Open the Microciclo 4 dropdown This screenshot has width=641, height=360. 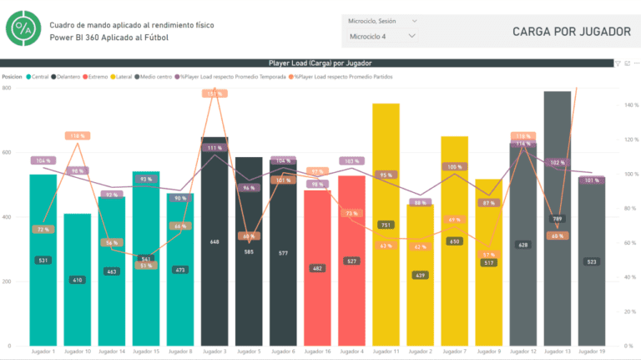381,36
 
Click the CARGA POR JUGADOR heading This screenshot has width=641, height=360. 572,32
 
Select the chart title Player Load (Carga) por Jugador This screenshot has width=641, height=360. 320,63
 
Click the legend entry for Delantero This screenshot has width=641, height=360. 67,76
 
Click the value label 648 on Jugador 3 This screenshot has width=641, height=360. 215,241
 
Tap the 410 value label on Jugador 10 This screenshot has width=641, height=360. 78,280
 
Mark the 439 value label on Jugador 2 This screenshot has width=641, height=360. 420,275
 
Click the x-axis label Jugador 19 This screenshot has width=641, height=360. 591,352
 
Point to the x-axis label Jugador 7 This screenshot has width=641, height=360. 454,352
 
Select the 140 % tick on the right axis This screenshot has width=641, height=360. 631,105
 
